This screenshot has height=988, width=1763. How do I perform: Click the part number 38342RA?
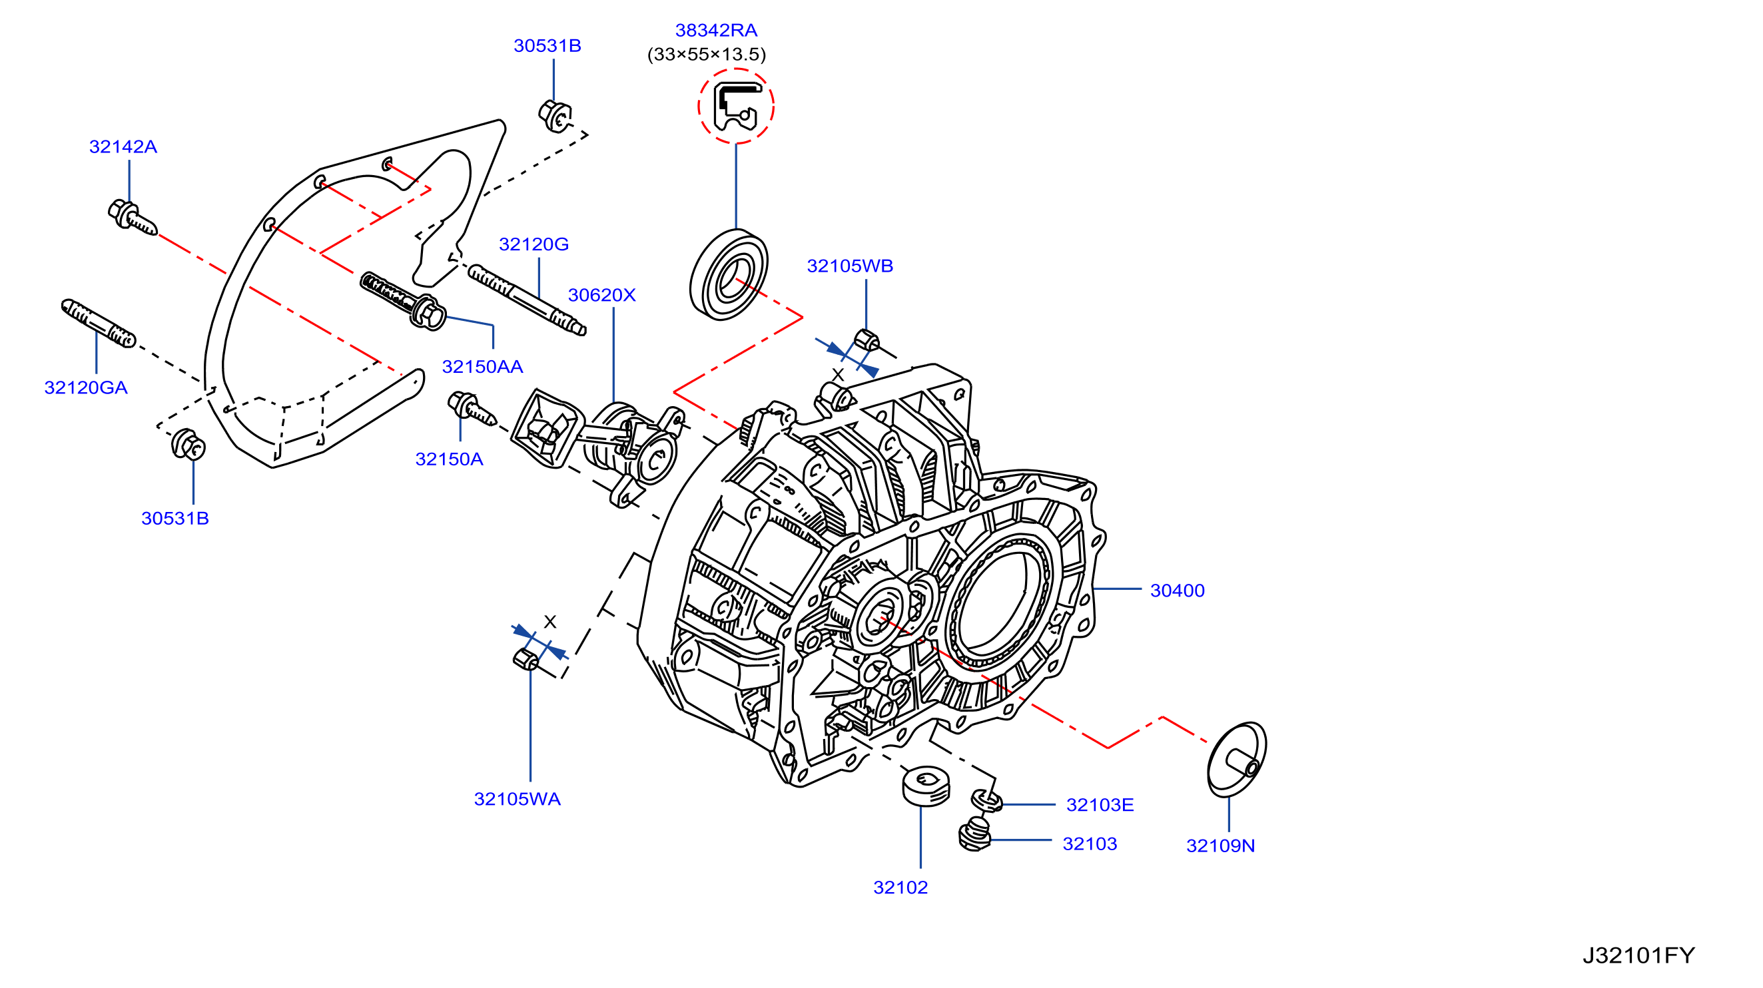coord(716,30)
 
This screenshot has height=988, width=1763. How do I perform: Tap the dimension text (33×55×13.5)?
coord(706,54)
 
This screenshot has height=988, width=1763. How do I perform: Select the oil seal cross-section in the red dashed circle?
coord(736,107)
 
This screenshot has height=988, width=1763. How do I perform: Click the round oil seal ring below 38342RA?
coord(728,274)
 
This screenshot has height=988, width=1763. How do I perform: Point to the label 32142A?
coord(123,146)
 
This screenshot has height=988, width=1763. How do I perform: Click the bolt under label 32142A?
coord(132,218)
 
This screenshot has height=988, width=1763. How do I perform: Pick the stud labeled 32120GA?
coord(99,323)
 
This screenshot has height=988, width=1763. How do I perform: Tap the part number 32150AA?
coord(482,367)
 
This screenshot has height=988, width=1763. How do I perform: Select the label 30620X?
coord(601,295)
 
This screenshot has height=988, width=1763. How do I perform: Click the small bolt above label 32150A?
coord(472,409)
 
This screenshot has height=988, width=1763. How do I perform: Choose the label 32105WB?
coord(850,266)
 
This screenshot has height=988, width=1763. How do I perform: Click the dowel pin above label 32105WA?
coord(525,660)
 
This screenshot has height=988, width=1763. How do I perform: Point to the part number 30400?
coord(1177,591)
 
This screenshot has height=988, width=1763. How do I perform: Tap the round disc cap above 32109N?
coord(1237,760)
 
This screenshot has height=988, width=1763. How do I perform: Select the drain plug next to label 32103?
coord(974,836)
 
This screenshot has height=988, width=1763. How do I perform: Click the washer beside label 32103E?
coord(987,800)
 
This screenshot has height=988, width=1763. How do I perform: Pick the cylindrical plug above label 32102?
coord(926,786)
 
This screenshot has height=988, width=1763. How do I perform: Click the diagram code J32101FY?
coord(1638,955)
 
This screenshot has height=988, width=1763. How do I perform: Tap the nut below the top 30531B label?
coord(555,116)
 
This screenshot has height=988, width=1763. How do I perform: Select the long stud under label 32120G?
coord(527,300)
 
